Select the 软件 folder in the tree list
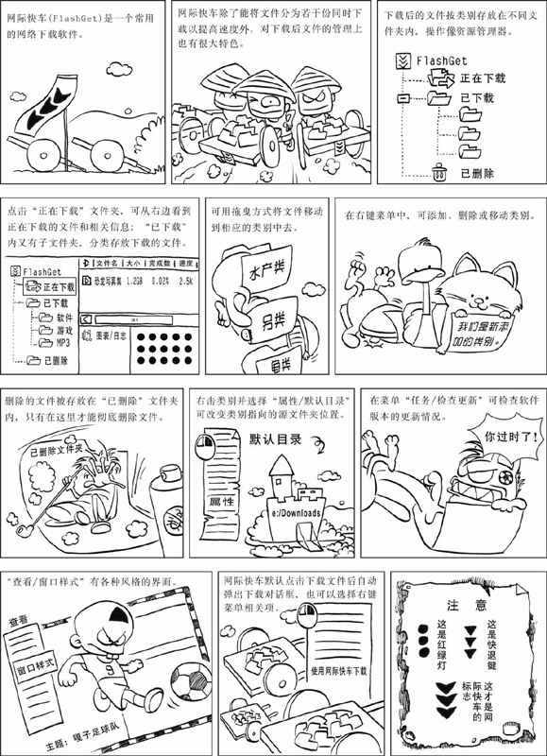tap(64, 318)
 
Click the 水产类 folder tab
tap(255, 268)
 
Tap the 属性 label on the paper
tap(221, 499)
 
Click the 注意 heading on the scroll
tap(468, 605)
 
